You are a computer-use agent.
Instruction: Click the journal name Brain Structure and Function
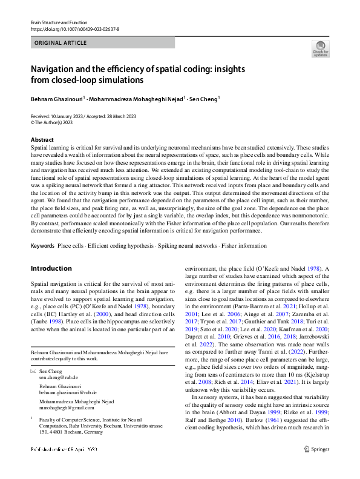pos(58,22)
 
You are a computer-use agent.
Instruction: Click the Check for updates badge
pos(319,48)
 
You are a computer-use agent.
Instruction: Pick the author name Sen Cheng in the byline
pos(203,98)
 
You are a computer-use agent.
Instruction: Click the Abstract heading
pos(42,140)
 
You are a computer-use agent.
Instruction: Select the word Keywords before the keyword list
pos(42,246)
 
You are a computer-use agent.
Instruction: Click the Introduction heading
pos(51,268)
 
